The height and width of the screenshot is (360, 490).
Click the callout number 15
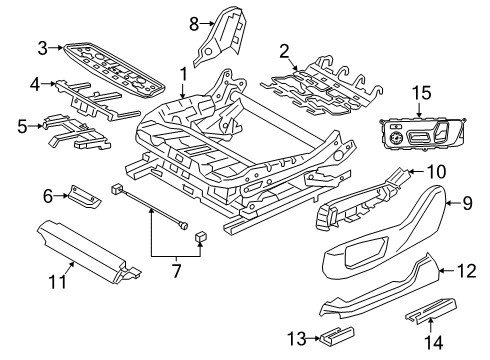pyautogui.click(x=421, y=93)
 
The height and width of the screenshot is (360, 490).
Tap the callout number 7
pyautogui.click(x=176, y=270)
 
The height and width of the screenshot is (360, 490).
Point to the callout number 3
pyautogui.click(x=42, y=48)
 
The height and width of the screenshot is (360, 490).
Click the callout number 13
pyautogui.click(x=297, y=339)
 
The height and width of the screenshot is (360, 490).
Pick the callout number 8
pyautogui.click(x=194, y=24)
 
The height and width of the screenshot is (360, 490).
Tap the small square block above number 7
pyautogui.click(x=200, y=237)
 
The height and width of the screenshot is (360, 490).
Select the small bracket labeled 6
pyautogui.click(x=84, y=197)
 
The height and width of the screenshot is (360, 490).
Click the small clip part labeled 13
pyautogui.click(x=337, y=334)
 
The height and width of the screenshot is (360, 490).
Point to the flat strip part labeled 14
pyautogui.click(x=431, y=309)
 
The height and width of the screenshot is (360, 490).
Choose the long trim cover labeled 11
pyautogui.click(x=88, y=253)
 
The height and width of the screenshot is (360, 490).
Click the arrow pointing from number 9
pyautogui.click(x=453, y=202)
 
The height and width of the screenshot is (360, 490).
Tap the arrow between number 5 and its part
pyautogui.click(x=36, y=126)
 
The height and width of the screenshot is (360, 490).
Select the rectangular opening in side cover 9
pyautogui.click(x=367, y=252)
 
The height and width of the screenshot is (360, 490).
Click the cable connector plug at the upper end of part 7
pyautogui.click(x=117, y=189)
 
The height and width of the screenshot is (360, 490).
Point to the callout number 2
pyautogui.click(x=284, y=52)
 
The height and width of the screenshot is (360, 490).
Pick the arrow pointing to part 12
pyautogui.click(x=446, y=271)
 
